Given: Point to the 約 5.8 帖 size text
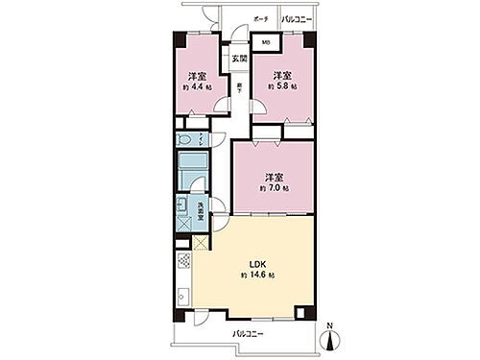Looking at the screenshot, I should coord(280,86).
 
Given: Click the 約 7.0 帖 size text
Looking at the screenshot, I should coord(274,188).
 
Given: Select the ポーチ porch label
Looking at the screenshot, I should coord(260,19).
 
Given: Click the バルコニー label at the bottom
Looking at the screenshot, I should coord(247,334).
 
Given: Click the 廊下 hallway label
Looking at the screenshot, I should coord(238,88).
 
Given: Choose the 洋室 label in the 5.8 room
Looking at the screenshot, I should coord(280,74).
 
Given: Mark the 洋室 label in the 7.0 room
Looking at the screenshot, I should coord(274,176).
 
